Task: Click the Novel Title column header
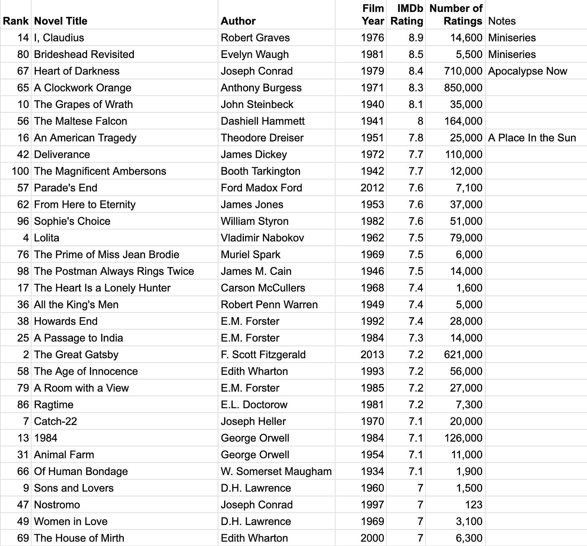(x=60, y=21)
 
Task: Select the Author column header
(x=238, y=21)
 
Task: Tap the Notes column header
(x=502, y=21)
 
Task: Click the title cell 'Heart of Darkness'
(x=77, y=71)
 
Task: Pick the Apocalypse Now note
(x=527, y=71)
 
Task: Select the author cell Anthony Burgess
(x=261, y=88)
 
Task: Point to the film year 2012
(x=372, y=188)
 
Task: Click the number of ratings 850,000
(x=463, y=88)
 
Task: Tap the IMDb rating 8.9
(x=416, y=38)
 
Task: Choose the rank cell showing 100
(x=20, y=171)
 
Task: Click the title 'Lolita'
(x=46, y=238)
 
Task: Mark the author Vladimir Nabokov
(x=262, y=238)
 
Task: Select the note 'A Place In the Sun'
(x=532, y=138)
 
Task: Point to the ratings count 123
(x=473, y=504)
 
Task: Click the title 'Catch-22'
(x=55, y=421)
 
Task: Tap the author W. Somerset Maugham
(x=276, y=471)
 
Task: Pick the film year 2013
(x=372, y=355)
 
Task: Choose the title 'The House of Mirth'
(x=79, y=538)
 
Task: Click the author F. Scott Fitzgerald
(x=263, y=355)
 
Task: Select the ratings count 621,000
(x=463, y=355)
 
